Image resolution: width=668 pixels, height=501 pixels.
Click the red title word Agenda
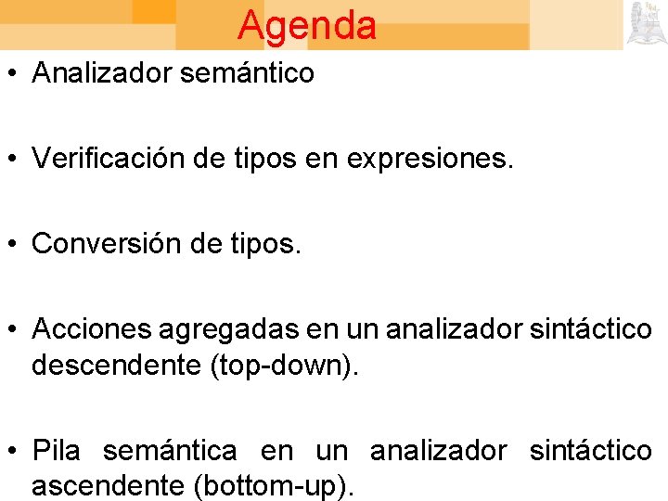tap(307, 25)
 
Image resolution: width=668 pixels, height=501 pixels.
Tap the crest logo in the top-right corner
tap(646, 23)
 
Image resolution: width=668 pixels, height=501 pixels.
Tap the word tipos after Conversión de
tap(267, 245)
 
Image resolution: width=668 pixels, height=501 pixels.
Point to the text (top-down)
tap(282, 366)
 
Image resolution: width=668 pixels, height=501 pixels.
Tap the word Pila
tap(57, 451)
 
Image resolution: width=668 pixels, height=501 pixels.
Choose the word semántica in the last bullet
tap(170, 451)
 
